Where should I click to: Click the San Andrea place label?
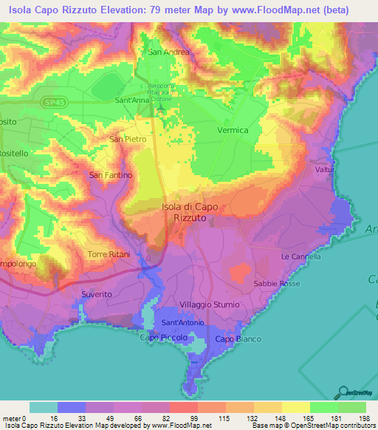coord(169,52)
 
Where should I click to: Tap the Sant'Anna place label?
coord(133,100)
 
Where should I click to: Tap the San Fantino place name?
coord(110,175)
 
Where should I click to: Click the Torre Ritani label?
coord(109,254)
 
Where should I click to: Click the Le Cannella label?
coord(300,256)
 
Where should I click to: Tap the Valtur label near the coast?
coord(326,170)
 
